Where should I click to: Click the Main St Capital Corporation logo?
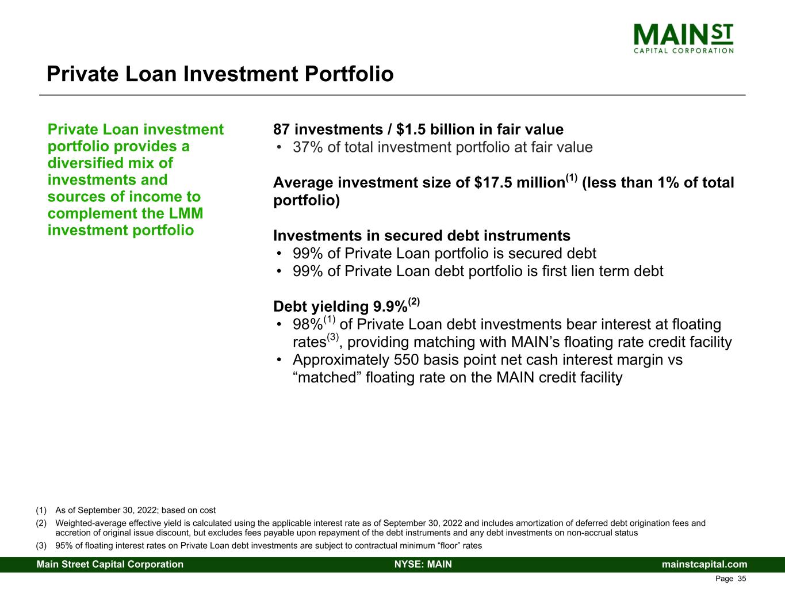click(683, 38)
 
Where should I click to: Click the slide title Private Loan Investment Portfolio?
click(220, 74)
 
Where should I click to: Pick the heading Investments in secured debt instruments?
click(422, 236)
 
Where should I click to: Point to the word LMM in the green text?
click(188, 213)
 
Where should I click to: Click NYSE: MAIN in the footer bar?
click(423, 564)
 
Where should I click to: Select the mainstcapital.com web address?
click(704, 564)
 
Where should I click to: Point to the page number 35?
click(742, 579)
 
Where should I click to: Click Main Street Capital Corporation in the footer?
click(110, 564)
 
